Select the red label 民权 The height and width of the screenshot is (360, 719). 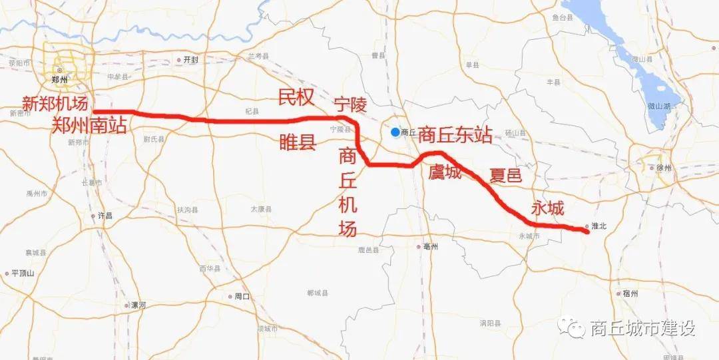296,98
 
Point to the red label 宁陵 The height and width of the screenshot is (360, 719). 351,105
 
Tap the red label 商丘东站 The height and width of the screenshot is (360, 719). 455,134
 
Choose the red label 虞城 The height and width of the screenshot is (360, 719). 445,173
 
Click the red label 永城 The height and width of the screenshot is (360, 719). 547,208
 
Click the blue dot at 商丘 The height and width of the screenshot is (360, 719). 395,132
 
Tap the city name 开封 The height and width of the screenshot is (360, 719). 190,59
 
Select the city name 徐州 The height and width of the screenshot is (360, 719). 664,168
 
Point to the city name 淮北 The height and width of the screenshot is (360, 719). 599,226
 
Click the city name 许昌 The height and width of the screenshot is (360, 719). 105,216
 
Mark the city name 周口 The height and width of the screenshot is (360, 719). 242,297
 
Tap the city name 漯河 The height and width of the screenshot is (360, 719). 138,305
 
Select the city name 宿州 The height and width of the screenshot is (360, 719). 630,293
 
